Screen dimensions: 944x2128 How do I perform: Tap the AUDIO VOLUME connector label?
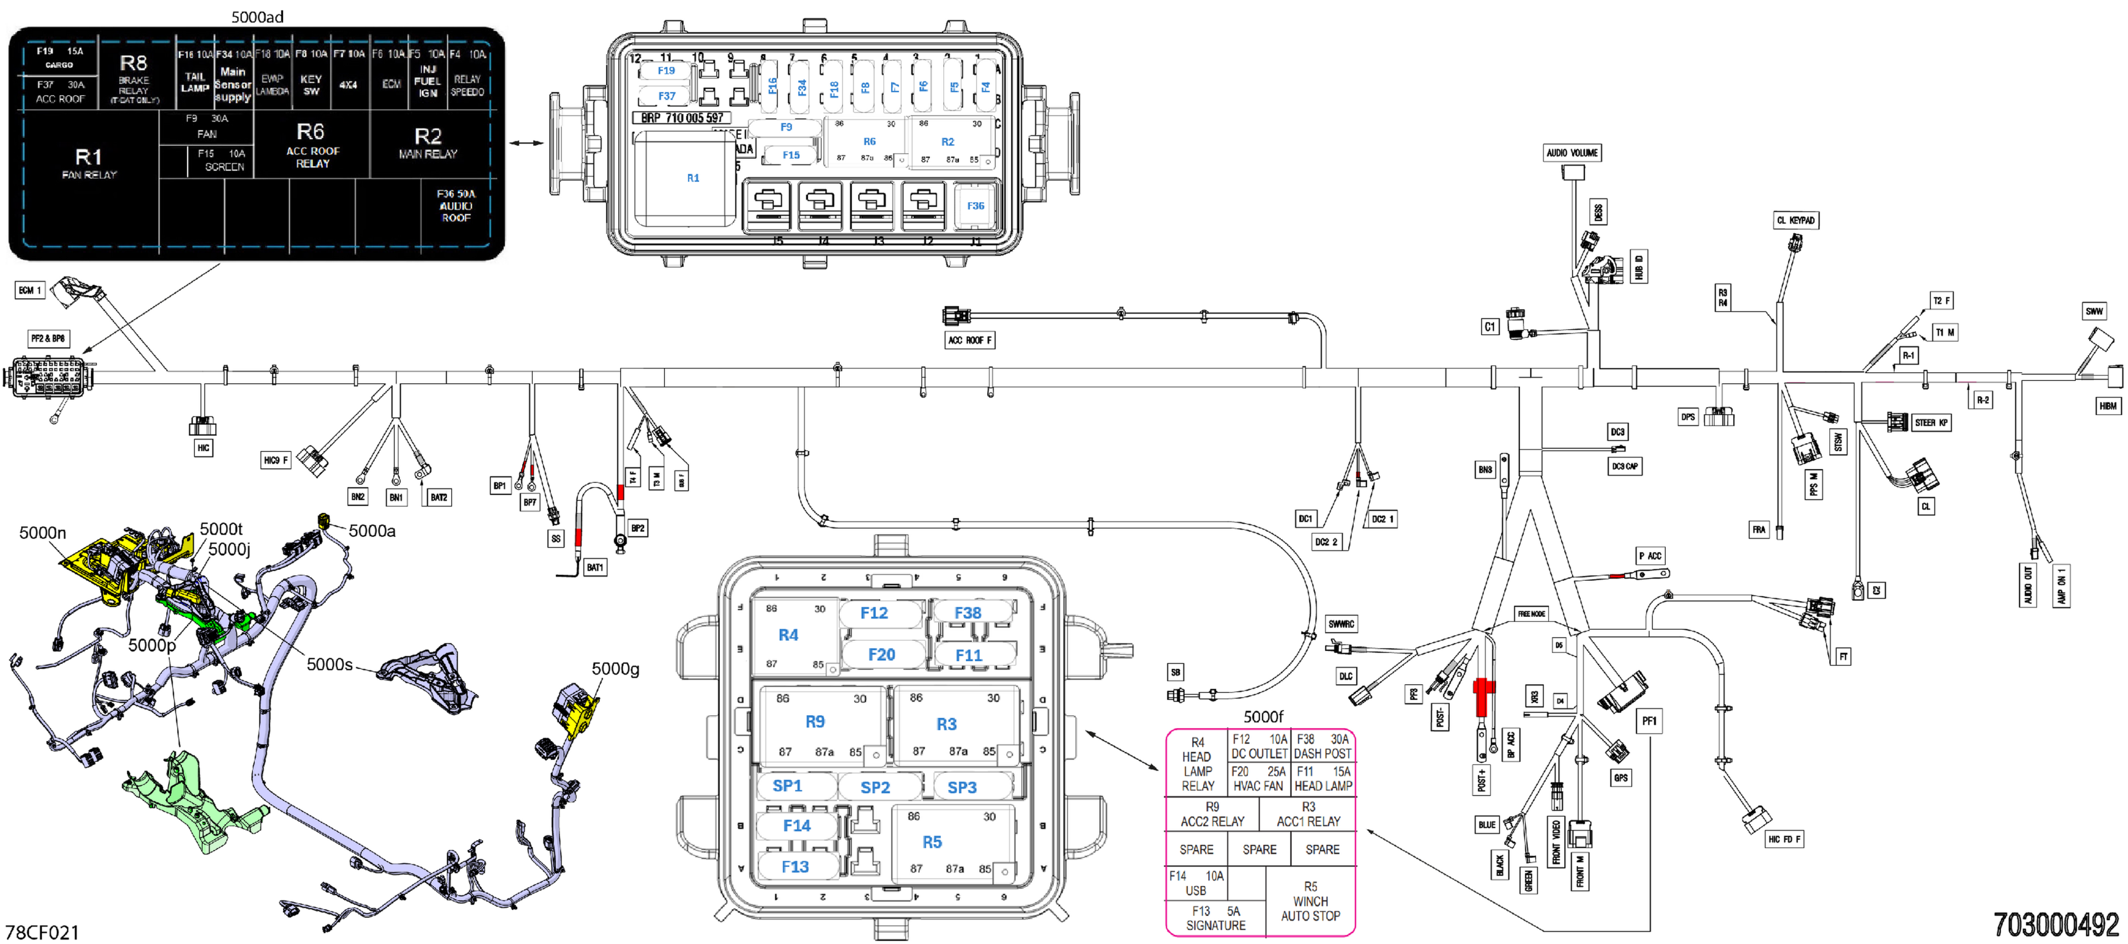click(1572, 153)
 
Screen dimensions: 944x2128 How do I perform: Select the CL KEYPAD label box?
click(1796, 220)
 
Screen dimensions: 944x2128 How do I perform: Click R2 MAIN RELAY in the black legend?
click(428, 142)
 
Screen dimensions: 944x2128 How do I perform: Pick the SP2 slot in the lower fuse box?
click(875, 787)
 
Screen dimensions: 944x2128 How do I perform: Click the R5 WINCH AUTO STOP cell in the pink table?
click(1310, 901)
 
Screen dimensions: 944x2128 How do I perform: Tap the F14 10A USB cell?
click(1195, 883)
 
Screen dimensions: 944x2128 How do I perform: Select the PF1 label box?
click(1649, 721)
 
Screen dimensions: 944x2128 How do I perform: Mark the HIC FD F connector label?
click(1784, 839)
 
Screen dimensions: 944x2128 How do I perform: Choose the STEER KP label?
click(1931, 423)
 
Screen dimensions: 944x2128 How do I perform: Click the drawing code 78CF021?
click(42, 932)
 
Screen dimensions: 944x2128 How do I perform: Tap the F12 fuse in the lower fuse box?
click(874, 613)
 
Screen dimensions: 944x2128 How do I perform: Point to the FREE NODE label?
click(1531, 614)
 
